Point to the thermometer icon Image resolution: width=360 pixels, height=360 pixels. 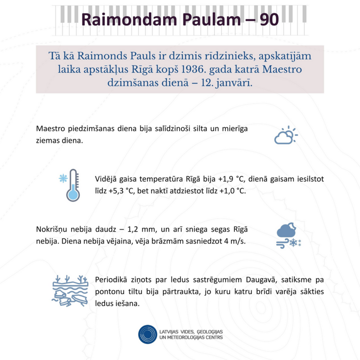point(72,185)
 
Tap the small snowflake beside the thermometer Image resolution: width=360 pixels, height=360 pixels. point(63,178)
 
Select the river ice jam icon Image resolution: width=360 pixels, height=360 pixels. point(70,291)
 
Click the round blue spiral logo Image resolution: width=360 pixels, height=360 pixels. point(148,334)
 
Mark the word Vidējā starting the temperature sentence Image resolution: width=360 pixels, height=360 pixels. point(107,179)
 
